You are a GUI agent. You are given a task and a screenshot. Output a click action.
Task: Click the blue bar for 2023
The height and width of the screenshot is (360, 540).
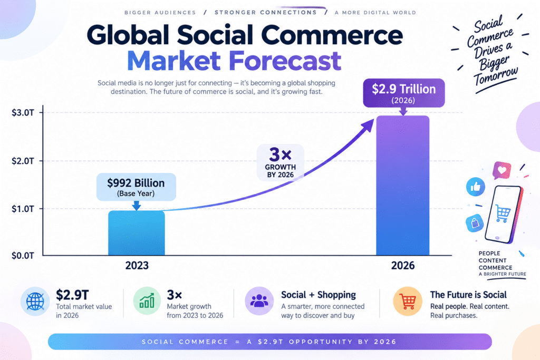point(137,233)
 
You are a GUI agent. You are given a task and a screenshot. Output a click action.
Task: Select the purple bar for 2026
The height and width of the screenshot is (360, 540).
point(402,186)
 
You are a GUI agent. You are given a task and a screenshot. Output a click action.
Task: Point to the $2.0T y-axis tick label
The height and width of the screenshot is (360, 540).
point(23,161)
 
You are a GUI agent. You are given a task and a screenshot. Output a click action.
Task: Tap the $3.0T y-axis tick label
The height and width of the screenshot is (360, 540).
point(23,113)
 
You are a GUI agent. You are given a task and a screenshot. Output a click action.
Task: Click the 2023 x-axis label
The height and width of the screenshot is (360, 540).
point(137,265)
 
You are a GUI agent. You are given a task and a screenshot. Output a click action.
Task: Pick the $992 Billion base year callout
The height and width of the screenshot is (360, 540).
point(136,187)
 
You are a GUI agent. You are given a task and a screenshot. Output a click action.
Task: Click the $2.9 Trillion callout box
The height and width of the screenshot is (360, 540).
point(403,93)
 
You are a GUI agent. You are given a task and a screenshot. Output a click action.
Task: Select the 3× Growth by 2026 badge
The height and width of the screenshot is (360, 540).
point(281,162)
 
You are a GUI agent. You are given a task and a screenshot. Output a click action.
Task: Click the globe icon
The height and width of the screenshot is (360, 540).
point(35,301)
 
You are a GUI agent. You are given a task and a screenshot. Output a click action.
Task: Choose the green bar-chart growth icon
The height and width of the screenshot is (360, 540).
point(147,301)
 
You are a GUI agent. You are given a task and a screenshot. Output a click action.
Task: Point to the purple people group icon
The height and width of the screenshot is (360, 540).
point(259,301)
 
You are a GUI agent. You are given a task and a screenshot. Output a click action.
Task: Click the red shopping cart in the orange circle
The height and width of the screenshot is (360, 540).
point(408,301)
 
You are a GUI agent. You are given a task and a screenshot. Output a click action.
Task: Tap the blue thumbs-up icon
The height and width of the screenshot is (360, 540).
point(476,187)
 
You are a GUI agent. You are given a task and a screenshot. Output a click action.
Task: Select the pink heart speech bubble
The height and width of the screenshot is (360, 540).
point(502,170)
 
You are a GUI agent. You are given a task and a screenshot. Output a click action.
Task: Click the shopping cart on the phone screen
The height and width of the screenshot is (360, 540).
point(503,213)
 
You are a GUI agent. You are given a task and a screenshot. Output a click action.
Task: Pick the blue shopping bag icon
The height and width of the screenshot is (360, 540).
point(475,223)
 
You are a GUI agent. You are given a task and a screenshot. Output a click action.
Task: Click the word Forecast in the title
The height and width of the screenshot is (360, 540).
point(285,61)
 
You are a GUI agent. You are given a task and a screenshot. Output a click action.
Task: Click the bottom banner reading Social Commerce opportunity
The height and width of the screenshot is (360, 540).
point(269,342)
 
